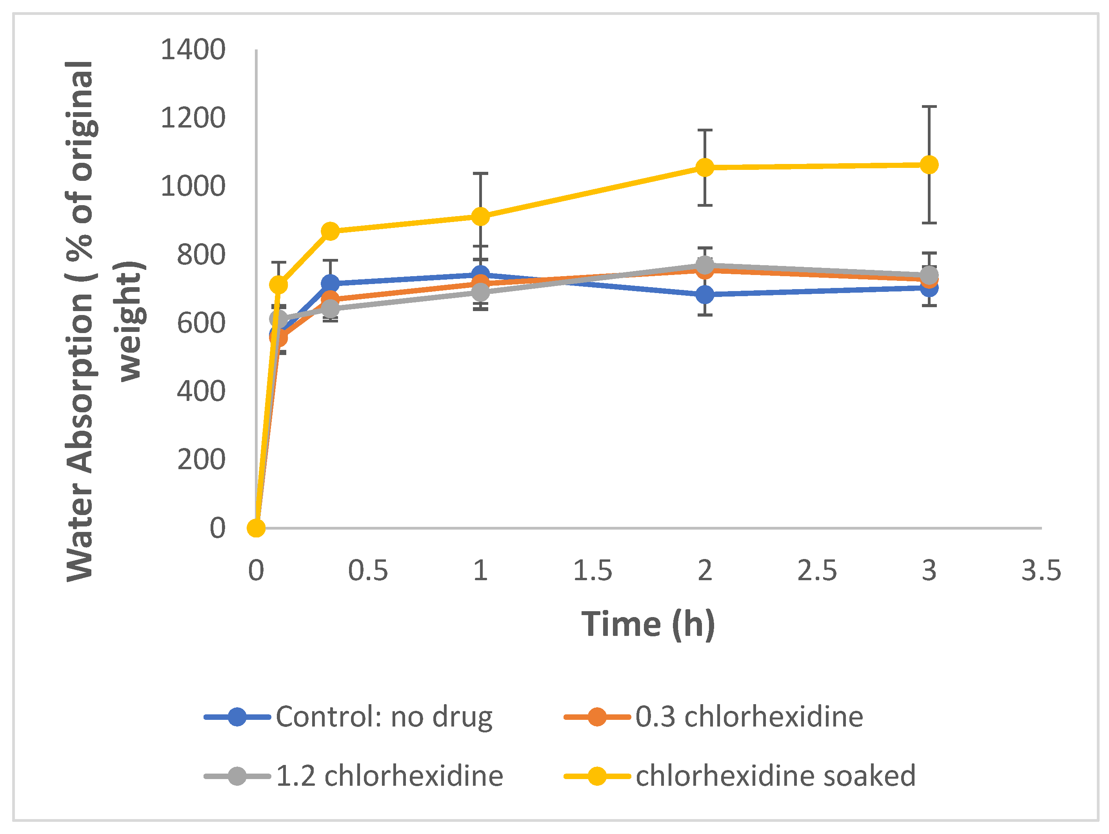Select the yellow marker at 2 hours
[x=705, y=167]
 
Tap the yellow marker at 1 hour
[x=480, y=216]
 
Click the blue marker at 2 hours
[x=705, y=294]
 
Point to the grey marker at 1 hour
[x=480, y=292]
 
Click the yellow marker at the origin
[x=256, y=528]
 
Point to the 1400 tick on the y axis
[x=193, y=50]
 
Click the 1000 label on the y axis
[x=193, y=187]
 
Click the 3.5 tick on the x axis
[x=1041, y=571]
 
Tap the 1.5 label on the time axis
[x=593, y=571]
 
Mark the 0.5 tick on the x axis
[x=368, y=571]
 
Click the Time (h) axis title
[x=648, y=625]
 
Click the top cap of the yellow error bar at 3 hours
[x=929, y=107]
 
